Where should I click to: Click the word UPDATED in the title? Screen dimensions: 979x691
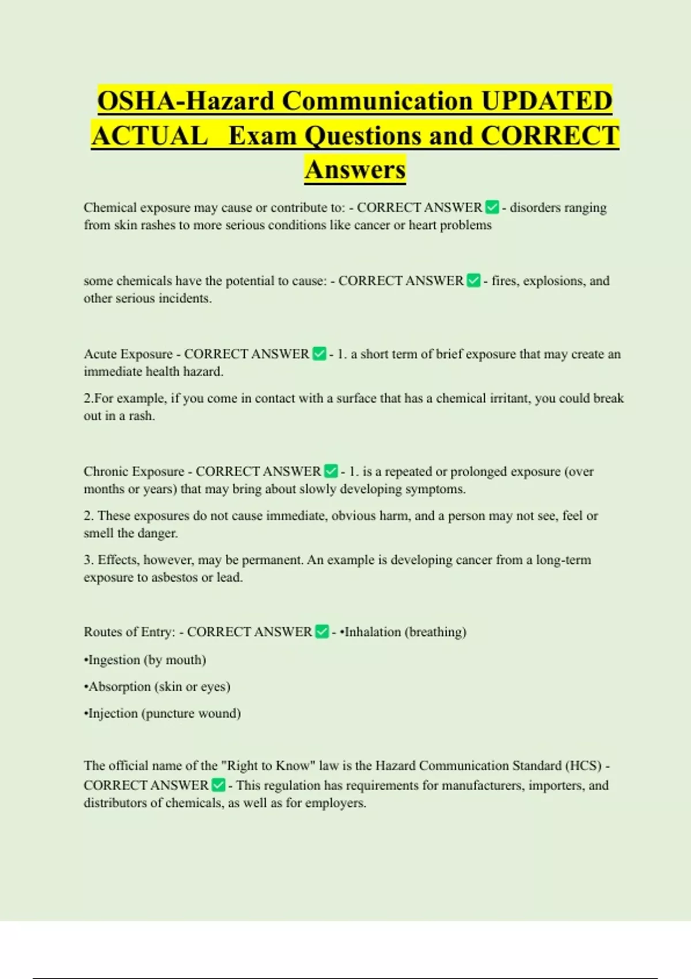pos(546,101)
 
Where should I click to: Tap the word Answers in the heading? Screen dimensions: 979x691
pos(355,169)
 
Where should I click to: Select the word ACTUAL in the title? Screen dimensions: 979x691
pos(150,136)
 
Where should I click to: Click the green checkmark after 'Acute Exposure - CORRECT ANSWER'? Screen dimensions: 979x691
pos(319,354)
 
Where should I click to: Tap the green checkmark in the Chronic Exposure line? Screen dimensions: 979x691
pos(331,471)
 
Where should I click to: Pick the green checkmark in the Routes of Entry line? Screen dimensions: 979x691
pos(322,632)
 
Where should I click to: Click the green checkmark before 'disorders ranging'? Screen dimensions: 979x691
pos(492,207)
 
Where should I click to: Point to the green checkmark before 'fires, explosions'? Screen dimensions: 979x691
pos(473,280)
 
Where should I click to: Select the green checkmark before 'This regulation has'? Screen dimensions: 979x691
pos(218,785)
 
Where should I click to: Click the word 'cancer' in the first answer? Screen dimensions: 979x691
pos(372,225)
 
